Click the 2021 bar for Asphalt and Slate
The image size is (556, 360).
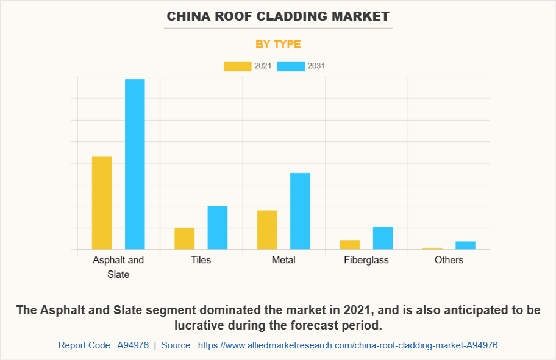pyautogui.click(x=102, y=203)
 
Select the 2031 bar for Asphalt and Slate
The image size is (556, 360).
pyautogui.click(x=135, y=164)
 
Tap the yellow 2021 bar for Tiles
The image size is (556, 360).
pyautogui.click(x=184, y=239)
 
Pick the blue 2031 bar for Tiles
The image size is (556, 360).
pyautogui.click(x=218, y=228)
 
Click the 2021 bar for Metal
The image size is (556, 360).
pyautogui.click(x=267, y=230)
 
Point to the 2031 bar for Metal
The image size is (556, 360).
pyautogui.click(x=300, y=211)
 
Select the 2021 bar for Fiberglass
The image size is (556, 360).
pyautogui.click(x=350, y=245)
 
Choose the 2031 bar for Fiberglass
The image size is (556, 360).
pyautogui.click(x=383, y=238)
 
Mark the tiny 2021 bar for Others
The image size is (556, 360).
pyautogui.click(x=432, y=249)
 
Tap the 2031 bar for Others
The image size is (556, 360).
pyautogui.click(x=465, y=245)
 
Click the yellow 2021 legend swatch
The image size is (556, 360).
pyautogui.click(x=237, y=66)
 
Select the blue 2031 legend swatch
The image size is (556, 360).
pyautogui.click(x=291, y=66)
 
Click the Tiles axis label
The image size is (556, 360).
pyautogui.click(x=201, y=260)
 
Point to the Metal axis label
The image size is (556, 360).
pyautogui.click(x=283, y=260)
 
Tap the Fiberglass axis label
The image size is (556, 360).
pyautogui.click(x=366, y=260)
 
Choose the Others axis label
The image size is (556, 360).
pyautogui.click(x=449, y=260)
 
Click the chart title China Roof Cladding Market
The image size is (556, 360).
pyautogui.click(x=278, y=16)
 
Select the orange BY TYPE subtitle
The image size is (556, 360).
pyautogui.click(x=278, y=44)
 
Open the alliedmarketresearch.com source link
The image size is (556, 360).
pyautogui.click(x=347, y=345)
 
